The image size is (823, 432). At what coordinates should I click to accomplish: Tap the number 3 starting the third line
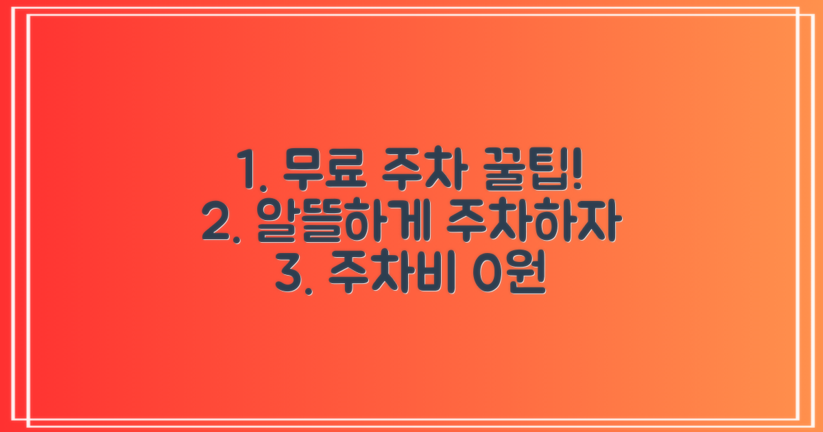pos(288,277)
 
